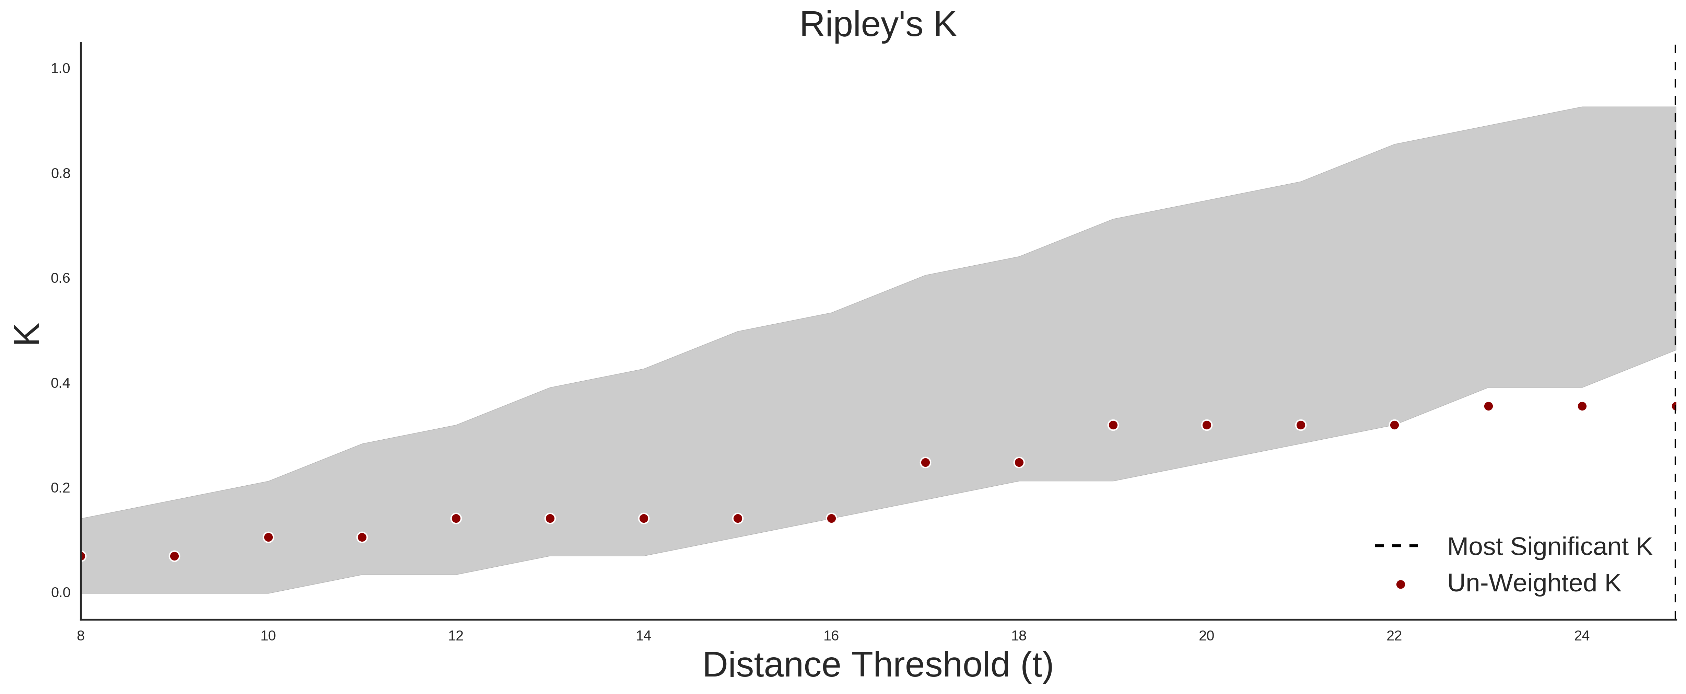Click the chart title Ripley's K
tap(878, 25)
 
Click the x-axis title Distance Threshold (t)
tap(878, 665)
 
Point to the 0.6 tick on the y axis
tap(61, 278)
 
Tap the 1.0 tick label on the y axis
tap(61, 69)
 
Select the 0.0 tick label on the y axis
tap(61, 592)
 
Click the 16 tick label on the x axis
tap(831, 636)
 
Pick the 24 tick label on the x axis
tap(1582, 636)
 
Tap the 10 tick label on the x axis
tap(268, 636)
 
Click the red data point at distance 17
tap(925, 462)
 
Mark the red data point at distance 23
tap(1488, 406)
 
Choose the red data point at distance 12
tap(456, 519)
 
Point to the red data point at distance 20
tap(1207, 425)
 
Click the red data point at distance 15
tap(738, 519)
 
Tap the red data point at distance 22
tap(1394, 425)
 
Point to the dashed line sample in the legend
tap(1397, 545)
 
